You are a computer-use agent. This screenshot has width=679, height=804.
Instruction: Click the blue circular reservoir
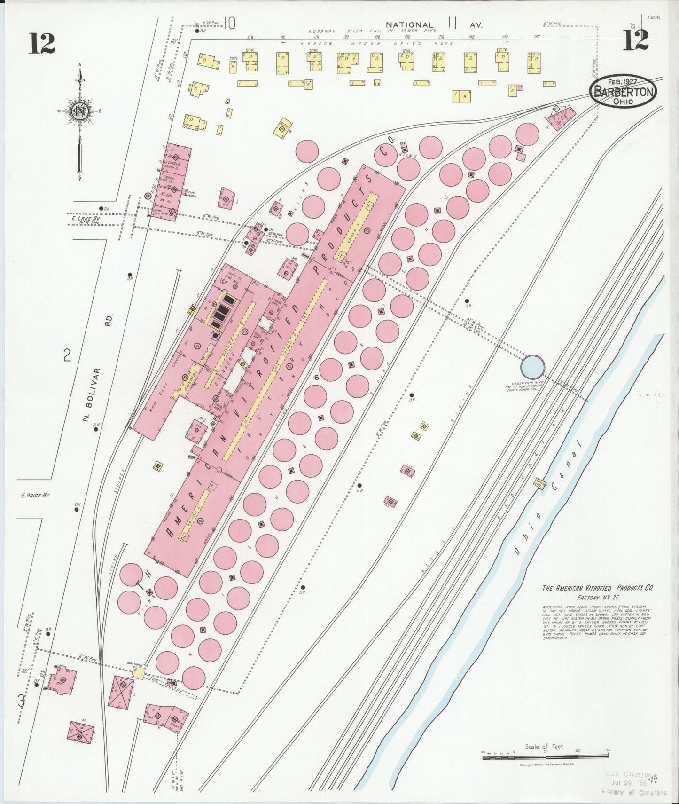coord(533,366)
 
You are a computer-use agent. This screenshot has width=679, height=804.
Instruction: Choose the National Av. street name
coord(433,24)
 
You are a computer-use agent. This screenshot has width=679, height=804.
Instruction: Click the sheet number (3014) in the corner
coord(654,17)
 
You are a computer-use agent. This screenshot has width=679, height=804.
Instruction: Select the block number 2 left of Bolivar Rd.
coord(67,356)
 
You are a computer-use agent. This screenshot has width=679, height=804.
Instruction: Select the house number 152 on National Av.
coord(537,37)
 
